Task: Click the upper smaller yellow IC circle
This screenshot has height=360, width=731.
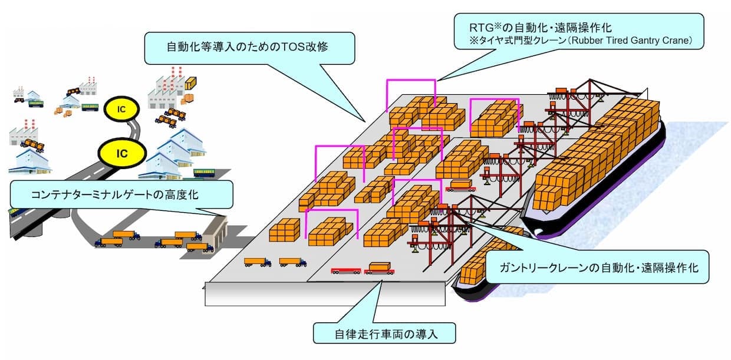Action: click(x=121, y=109)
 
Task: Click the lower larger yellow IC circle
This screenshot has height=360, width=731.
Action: click(x=122, y=153)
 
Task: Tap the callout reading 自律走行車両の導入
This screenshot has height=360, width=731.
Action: click(x=384, y=333)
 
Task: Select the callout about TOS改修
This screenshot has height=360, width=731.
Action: click(x=249, y=48)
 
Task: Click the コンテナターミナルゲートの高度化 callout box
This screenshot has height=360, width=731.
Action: click(x=121, y=194)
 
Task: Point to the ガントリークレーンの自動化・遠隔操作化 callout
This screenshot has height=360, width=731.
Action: click(x=597, y=267)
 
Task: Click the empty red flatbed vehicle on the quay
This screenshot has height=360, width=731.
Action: click(x=346, y=271)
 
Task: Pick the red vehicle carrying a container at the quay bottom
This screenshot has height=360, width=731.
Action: click(x=379, y=268)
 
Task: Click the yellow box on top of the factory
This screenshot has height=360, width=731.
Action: click(x=190, y=83)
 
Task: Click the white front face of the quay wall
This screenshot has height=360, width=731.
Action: click(x=325, y=294)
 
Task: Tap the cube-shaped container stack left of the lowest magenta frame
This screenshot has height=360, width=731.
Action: click(x=284, y=230)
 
